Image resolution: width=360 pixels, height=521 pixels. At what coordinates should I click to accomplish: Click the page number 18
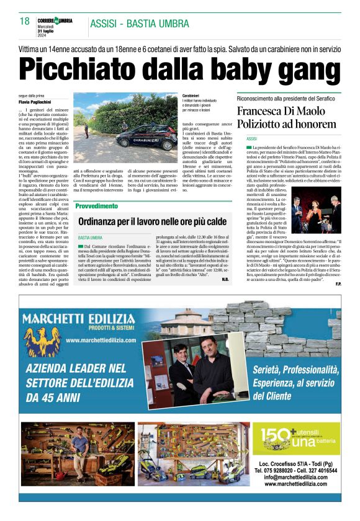(x=24, y=22)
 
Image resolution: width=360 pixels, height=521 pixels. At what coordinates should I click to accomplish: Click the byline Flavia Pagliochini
(x=35, y=101)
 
